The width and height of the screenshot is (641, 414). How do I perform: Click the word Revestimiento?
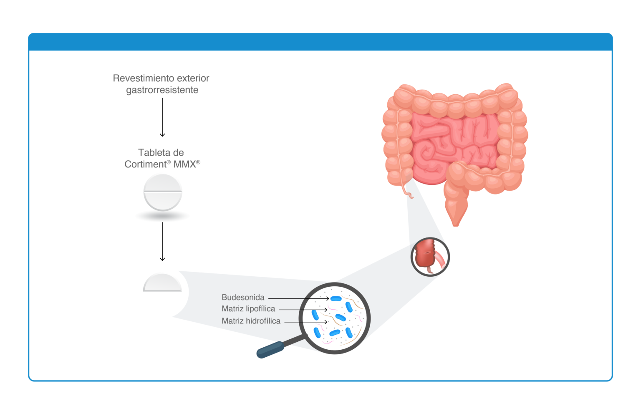[x=140, y=78]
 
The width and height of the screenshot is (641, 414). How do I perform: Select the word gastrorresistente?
[x=162, y=90]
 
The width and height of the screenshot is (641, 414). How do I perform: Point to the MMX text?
[x=187, y=164]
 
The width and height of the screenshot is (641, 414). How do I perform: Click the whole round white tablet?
[x=163, y=192]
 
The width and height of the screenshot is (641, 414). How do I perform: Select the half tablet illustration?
[x=162, y=283]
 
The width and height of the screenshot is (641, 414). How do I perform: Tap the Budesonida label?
[x=243, y=298]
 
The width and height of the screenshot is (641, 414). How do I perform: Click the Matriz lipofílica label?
[x=248, y=309]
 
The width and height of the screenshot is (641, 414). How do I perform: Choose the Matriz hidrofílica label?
[x=251, y=321]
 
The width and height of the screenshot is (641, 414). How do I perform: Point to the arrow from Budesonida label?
[x=299, y=298]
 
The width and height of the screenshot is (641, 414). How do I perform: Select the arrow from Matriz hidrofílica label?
[x=306, y=322]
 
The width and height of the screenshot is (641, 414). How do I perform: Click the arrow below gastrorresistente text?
[x=162, y=117]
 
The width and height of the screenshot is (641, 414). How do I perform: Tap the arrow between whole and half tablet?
[x=162, y=242]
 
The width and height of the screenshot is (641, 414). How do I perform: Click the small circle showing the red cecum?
[x=430, y=257]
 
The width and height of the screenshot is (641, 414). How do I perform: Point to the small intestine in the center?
[x=455, y=146]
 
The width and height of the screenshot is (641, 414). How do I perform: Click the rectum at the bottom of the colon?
[x=456, y=212]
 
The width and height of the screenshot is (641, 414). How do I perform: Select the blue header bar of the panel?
[x=320, y=42]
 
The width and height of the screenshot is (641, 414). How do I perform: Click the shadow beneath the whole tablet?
[x=162, y=216]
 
